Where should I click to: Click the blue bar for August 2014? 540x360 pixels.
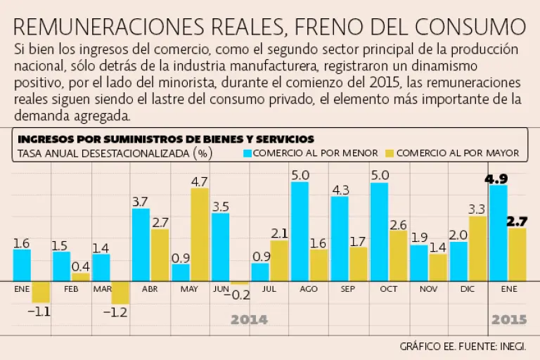[x=300, y=231]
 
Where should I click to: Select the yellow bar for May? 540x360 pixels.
[x=200, y=235]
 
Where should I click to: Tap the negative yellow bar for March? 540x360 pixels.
[x=120, y=292]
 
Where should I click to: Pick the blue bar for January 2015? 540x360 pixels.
[x=499, y=233]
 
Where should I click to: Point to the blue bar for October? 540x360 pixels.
[x=380, y=232]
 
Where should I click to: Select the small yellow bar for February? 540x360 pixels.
[x=80, y=277]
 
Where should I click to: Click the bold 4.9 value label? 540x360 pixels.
[x=499, y=178]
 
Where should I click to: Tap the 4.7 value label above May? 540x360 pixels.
[x=200, y=181]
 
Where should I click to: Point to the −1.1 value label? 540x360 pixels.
[x=40, y=309]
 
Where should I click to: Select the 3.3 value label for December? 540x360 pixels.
[x=477, y=209]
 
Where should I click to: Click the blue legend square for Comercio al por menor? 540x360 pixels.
[x=247, y=152]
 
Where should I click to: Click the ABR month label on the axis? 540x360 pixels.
[x=150, y=289]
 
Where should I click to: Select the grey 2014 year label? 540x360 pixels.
[x=250, y=320]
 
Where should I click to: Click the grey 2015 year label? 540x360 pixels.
[x=509, y=320]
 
